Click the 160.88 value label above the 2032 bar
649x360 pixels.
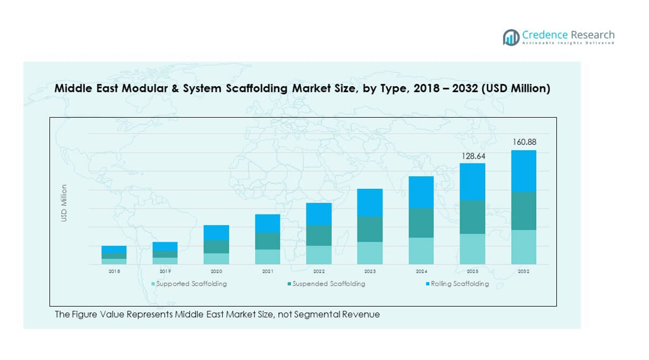[x=524, y=143]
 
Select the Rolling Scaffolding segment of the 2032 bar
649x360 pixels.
[x=524, y=171]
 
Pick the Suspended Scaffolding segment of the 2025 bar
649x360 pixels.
[x=473, y=217]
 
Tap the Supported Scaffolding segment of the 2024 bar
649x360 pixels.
[x=421, y=251]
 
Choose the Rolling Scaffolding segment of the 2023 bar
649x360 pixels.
[x=370, y=203]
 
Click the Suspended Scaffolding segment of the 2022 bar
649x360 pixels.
[x=319, y=235]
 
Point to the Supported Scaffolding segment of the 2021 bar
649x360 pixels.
[x=268, y=257]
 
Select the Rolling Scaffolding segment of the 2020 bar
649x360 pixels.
[x=216, y=232]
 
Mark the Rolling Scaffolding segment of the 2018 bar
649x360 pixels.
[x=114, y=249]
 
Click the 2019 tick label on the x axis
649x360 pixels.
[x=165, y=271]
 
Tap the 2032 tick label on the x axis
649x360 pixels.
[x=524, y=271]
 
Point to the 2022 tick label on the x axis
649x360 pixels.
[x=319, y=271]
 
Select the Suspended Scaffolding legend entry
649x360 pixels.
[x=328, y=284]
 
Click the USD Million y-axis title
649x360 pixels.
[x=64, y=203]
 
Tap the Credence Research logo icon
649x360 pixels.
[x=511, y=37]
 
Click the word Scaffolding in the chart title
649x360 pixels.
[x=254, y=89]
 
